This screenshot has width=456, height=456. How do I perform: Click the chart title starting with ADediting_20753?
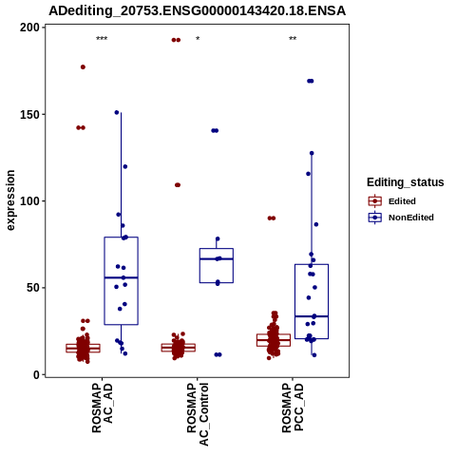coord(197,10)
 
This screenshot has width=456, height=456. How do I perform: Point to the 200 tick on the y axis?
coord(30,28)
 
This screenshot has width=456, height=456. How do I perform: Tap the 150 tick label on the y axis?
coord(30,114)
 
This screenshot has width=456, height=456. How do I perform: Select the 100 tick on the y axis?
coord(30,201)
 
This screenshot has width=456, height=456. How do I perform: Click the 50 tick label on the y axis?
coord(33,288)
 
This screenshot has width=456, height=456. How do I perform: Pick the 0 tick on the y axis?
coord(37,374)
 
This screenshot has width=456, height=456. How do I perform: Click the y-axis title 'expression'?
coord(10,200)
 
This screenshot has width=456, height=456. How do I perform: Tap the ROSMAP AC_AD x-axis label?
coord(103,408)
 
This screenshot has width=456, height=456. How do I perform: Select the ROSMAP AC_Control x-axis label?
coord(198,414)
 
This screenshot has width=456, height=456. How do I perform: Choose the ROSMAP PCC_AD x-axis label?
coord(293,408)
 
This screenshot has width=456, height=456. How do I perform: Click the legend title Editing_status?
coord(406,182)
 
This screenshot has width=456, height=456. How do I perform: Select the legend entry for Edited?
coord(392,201)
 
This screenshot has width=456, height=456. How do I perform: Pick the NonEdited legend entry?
coord(401,218)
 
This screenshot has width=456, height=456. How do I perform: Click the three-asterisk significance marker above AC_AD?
coord(102,39)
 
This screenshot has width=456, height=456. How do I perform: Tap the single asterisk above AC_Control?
coord(198,39)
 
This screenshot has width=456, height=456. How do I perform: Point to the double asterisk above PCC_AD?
coord(293,39)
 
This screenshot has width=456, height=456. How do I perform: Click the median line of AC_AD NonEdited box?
coord(121,277)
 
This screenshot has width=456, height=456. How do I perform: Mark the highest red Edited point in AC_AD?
coord(83,67)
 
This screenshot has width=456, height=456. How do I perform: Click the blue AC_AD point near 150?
coord(117,112)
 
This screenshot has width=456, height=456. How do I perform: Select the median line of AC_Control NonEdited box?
coord(217,259)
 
